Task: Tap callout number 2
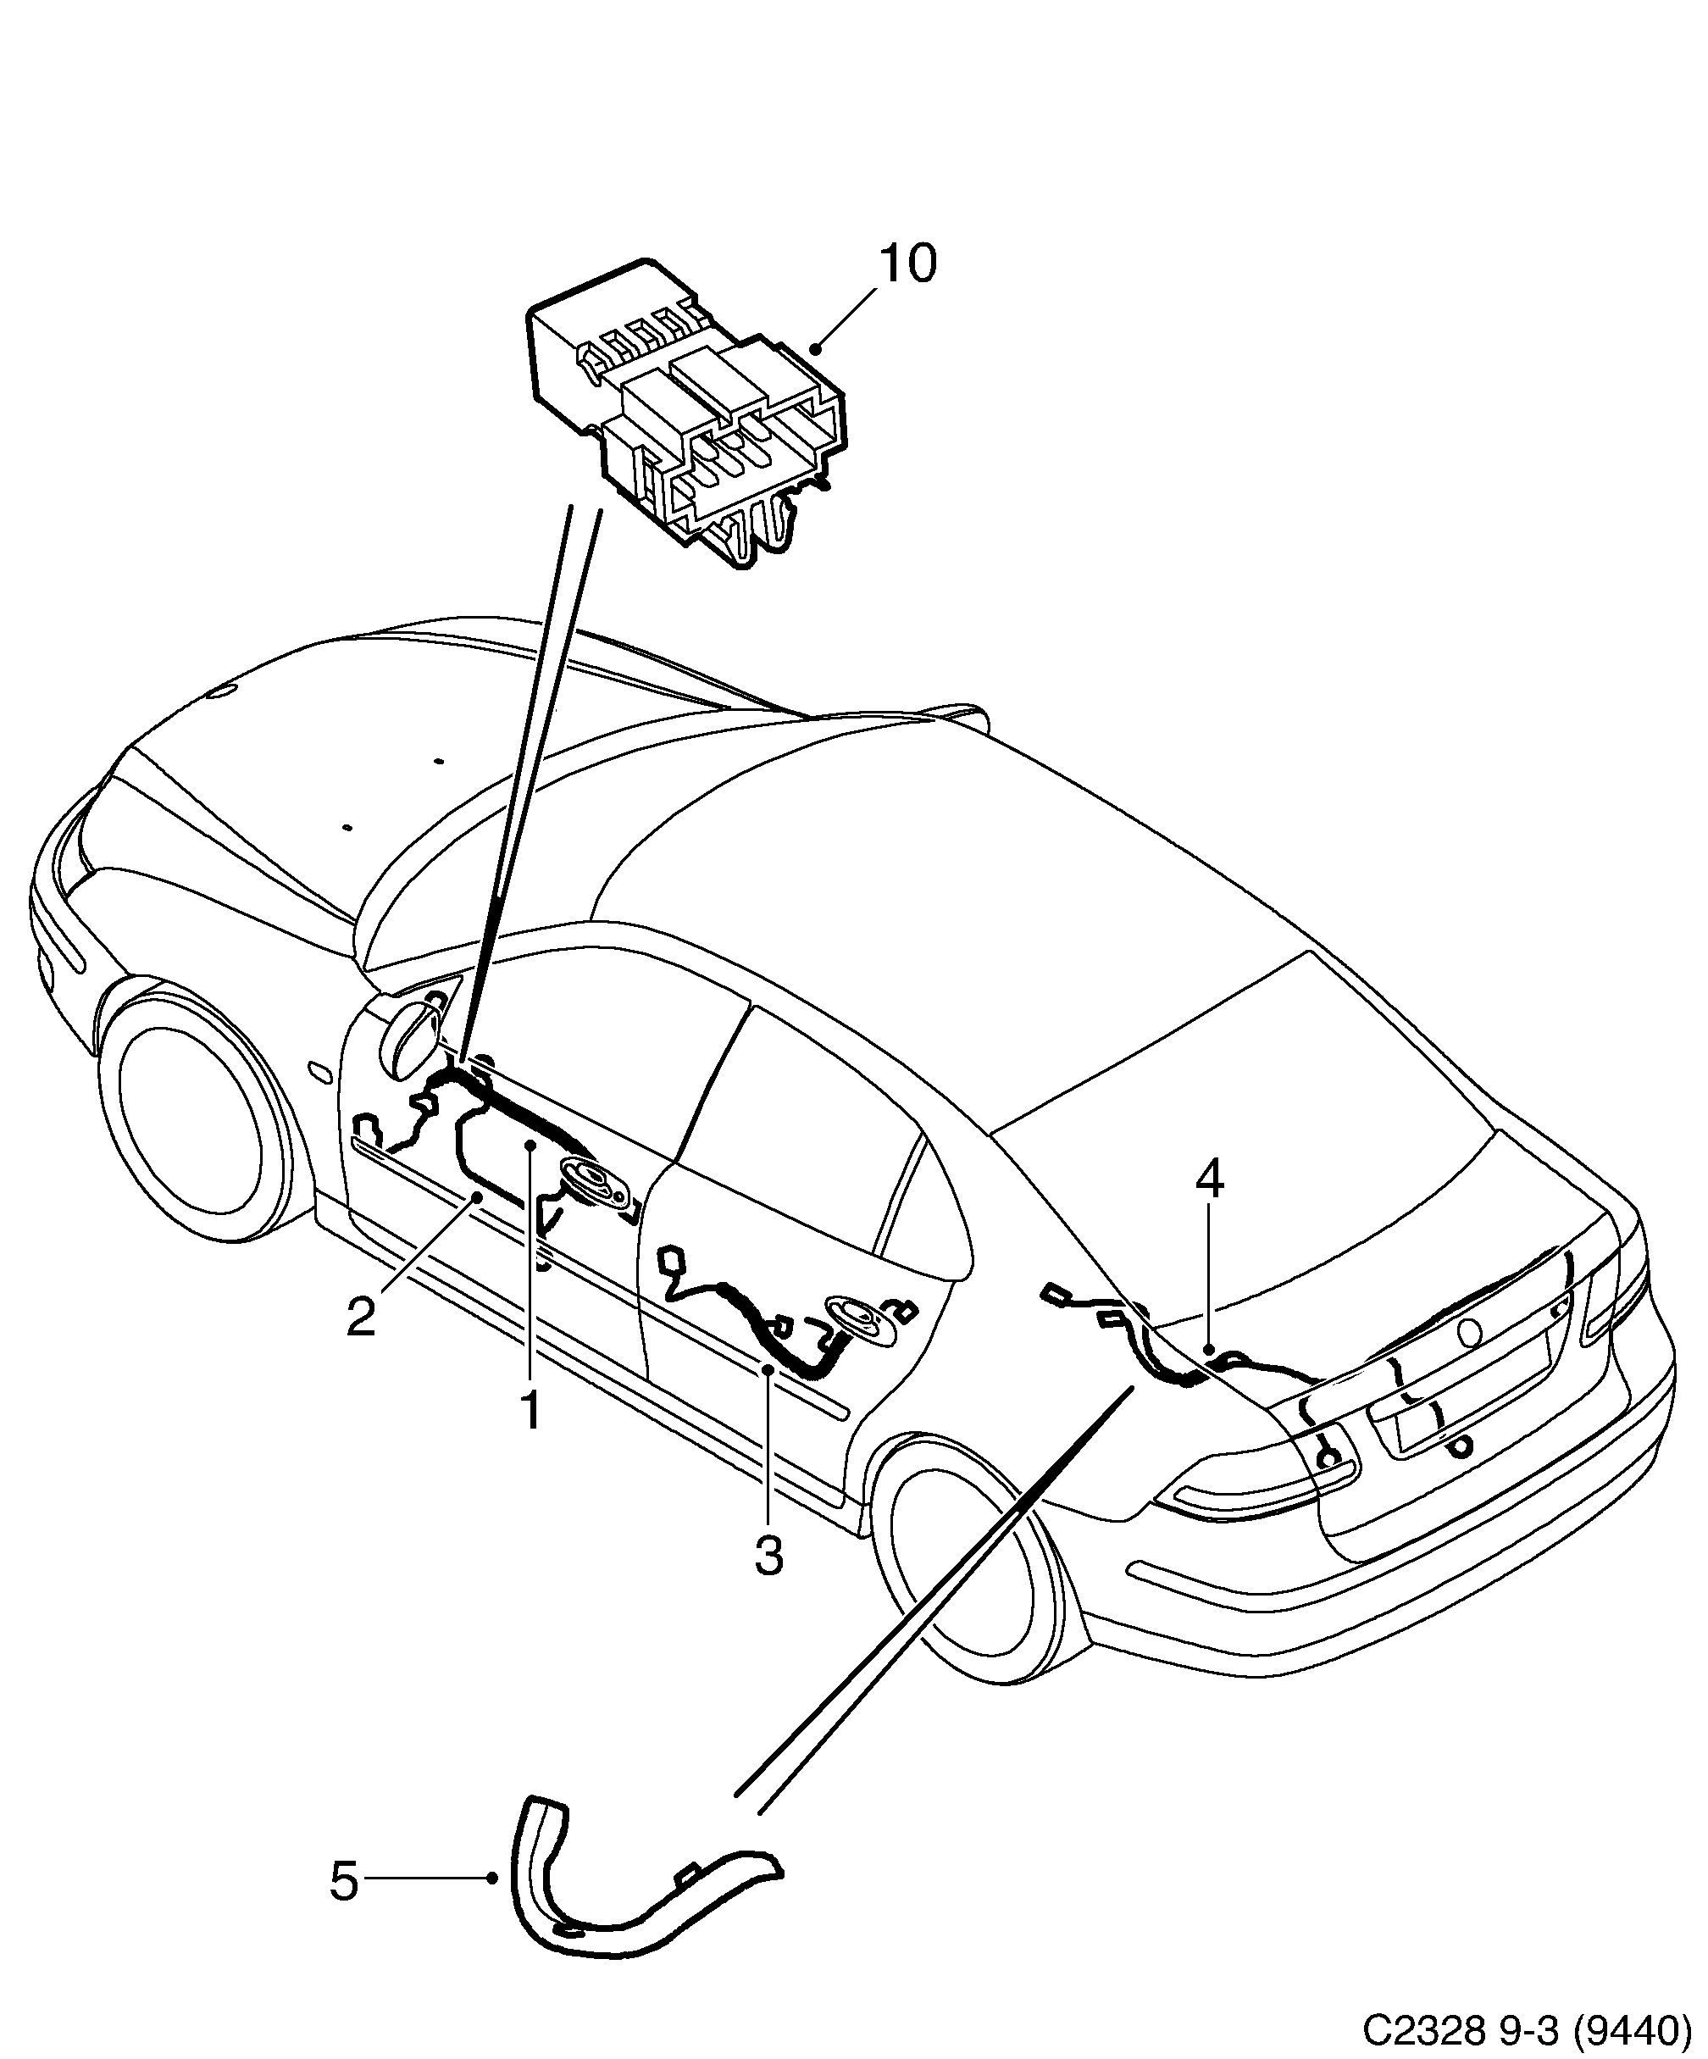[361, 1317]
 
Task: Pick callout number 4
[1210, 1179]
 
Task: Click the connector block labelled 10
[686, 412]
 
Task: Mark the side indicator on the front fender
[319, 1071]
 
